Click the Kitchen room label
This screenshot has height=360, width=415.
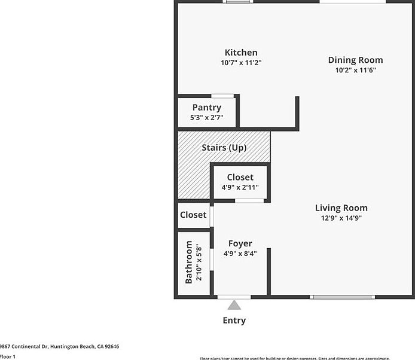point(241,53)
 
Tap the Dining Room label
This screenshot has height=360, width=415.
point(355,60)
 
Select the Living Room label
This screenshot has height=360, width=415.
point(341,208)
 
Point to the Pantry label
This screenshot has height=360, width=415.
point(206,108)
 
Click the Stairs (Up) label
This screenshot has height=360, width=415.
point(224,147)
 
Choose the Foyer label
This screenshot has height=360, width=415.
point(240,243)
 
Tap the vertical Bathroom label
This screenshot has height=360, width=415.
point(189,262)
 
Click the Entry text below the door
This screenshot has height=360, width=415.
point(234,320)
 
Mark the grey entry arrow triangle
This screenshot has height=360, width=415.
point(234,305)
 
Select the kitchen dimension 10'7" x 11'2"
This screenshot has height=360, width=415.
point(241,62)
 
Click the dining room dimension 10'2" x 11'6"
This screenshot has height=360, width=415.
point(355,69)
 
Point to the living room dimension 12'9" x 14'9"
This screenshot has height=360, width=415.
point(341,218)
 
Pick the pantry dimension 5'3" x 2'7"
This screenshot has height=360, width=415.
point(206,117)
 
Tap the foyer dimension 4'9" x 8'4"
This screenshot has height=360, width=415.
point(240,253)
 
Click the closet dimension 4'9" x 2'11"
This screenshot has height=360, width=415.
point(240,187)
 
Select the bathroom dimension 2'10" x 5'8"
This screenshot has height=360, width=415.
point(199,262)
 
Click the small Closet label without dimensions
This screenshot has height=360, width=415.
point(193,215)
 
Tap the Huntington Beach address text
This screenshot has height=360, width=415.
point(60,346)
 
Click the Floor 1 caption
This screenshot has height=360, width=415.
point(8,356)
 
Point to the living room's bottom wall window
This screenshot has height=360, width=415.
point(343,297)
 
